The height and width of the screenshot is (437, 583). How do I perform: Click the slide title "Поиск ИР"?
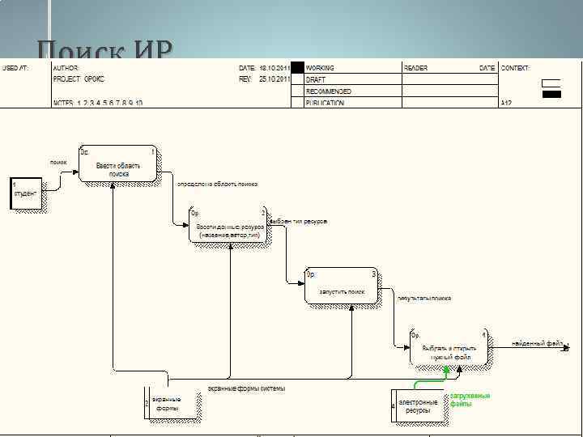tap(104, 50)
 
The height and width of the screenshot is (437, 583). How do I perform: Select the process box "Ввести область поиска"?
tap(118, 165)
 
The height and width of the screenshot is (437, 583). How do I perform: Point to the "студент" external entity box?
tap(25, 194)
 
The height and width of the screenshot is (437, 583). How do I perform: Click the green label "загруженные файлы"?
tap(470, 400)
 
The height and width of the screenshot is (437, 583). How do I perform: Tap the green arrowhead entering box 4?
tap(446, 370)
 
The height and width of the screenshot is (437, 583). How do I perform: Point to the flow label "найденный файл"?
tap(537, 344)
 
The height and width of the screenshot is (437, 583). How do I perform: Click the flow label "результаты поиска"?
tap(424, 298)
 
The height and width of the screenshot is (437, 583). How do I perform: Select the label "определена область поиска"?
tap(217, 185)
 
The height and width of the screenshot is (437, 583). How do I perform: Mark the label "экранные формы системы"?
tap(246, 388)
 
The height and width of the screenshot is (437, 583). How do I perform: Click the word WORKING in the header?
tap(320, 69)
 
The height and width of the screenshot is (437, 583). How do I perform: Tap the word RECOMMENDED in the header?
tap(327, 91)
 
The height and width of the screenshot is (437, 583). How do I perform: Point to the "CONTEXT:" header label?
tap(516, 69)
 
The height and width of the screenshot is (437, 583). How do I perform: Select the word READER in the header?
tap(415, 69)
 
